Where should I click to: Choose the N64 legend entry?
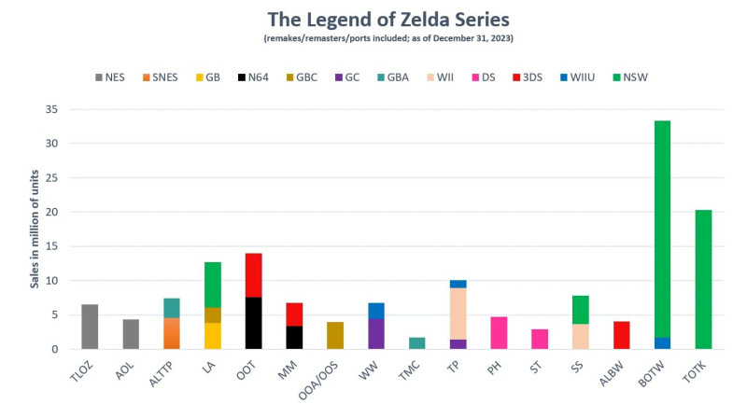[253, 77]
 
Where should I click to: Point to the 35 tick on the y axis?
[63, 110]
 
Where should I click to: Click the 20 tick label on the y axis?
[63, 213]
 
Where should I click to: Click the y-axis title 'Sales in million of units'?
[35, 230]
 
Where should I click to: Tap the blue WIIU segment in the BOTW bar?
[662, 343]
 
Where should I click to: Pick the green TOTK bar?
[703, 280]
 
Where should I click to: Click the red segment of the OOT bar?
[253, 275]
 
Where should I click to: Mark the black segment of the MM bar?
[294, 338]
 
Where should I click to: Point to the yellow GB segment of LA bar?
[212, 336]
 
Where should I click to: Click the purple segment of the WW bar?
[376, 334]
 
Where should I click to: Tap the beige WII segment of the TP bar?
[458, 313]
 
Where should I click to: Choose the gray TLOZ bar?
[90, 327]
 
